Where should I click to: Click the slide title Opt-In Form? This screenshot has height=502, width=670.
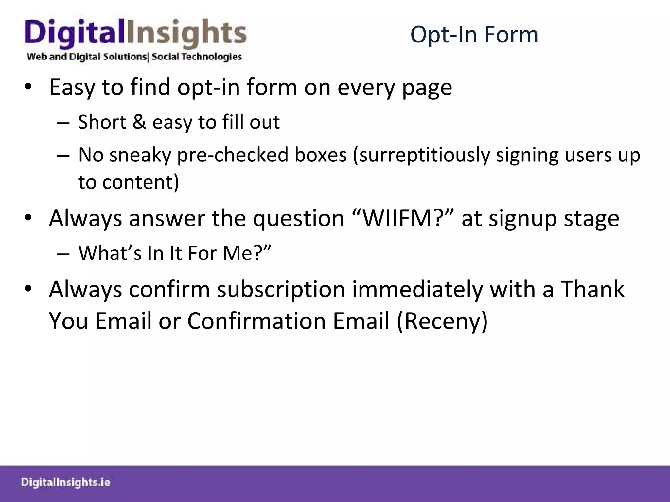click(474, 35)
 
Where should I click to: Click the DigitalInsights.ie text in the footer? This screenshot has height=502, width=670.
click(65, 482)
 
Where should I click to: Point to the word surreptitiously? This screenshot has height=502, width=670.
click(424, 155)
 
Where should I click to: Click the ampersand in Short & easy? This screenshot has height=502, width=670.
click(139, 122)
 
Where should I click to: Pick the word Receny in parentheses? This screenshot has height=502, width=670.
click(442, 321)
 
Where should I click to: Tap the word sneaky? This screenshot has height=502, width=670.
click(140, 155)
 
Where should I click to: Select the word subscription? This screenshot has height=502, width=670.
click(281, 290)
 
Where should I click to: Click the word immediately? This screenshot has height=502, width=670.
click(417, 290)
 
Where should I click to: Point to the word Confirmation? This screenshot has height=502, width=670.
click(256, 321)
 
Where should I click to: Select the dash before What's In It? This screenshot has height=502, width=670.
click(63, 254)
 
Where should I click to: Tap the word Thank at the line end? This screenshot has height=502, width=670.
click(592, 290)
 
